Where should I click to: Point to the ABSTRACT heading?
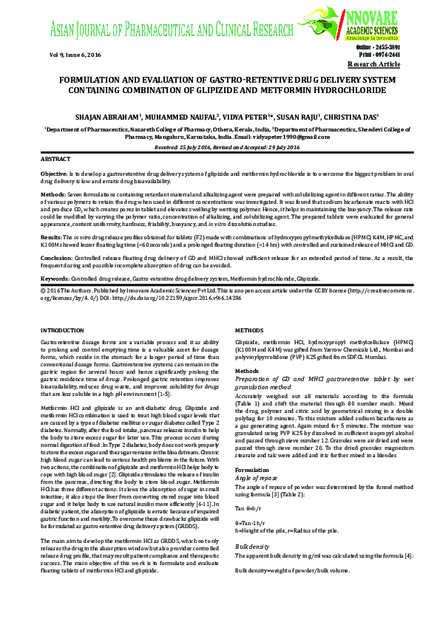(55, 159)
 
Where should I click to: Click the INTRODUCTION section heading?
(62, 329)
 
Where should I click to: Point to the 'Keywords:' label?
(55, 279)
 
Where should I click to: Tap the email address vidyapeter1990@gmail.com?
(289, 136)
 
